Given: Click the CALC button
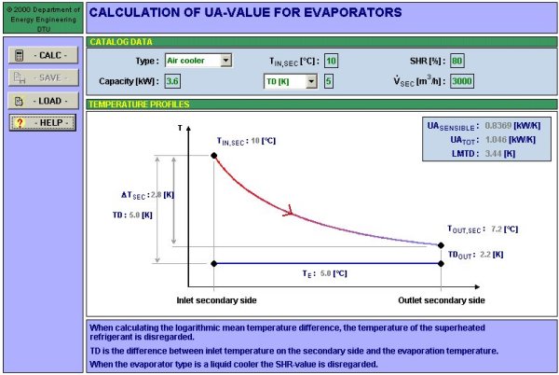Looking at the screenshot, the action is (43, 55).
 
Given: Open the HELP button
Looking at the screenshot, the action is (43, 123).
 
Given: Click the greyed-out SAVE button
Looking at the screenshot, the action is (43, 77).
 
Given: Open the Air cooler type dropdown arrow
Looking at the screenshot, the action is (225, 61).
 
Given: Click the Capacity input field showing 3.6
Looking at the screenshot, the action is (172, 81).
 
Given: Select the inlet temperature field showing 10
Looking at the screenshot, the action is (331, 61).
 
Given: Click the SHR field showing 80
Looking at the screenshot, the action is (457, 61).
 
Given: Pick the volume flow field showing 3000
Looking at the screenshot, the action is (462, 81).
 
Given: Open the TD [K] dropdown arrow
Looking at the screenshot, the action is (311, 81).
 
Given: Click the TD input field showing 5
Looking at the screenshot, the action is (329, 81).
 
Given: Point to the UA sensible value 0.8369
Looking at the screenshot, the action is (498, 126).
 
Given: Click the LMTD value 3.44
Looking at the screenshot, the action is (493, 153).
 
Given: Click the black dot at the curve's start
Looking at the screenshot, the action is (214, 155).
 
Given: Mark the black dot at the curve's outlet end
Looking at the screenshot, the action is (441, 245).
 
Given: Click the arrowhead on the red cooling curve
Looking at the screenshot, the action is (290, 211).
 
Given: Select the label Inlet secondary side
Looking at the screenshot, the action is (216, 300).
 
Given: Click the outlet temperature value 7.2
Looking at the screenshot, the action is (497, 229).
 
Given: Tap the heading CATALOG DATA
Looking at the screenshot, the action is (121, 42).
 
